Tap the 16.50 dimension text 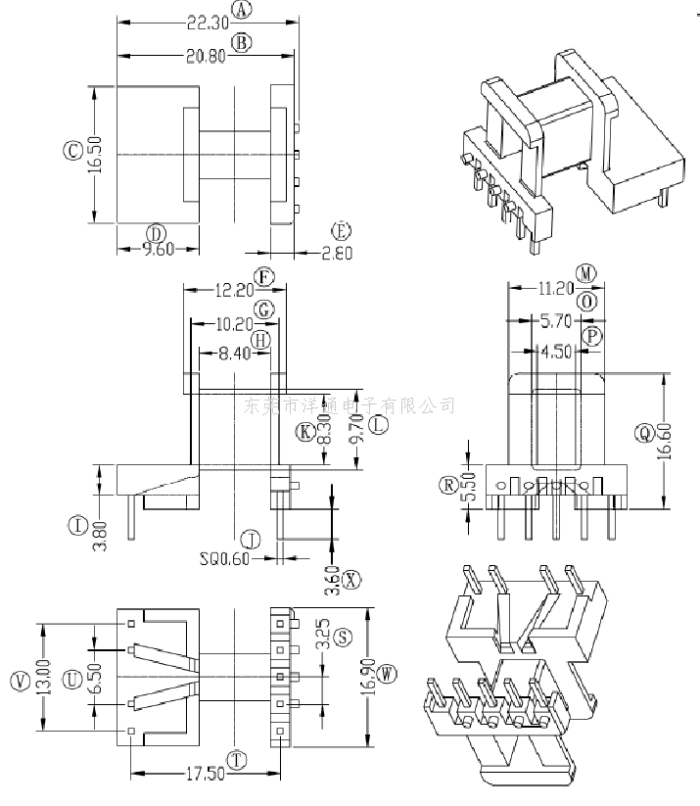[x=94, y=155]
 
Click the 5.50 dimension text [x=468, y=486]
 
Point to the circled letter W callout [x=388, y=674]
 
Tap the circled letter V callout [x=19, y=681]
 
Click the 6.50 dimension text [x=94, y=677]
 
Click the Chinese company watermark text [x=348, y=404]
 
